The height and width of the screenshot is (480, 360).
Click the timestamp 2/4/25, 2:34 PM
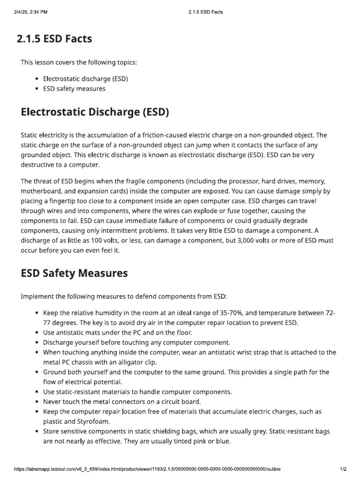[x=28, y=12]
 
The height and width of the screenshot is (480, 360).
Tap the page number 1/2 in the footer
[x=342, y=469]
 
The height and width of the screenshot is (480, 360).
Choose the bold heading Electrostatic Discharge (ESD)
[x=95, y=112]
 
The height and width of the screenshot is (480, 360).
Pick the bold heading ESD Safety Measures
[x=74, y=272]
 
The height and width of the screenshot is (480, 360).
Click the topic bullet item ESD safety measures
[x=74, y=88]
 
